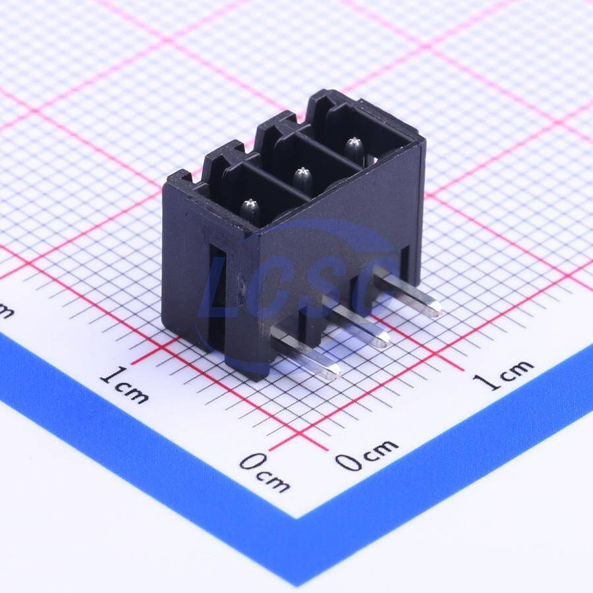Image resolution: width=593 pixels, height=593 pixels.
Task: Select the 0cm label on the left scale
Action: point(265,472)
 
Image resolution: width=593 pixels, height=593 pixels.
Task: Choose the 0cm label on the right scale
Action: point(366,454)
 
